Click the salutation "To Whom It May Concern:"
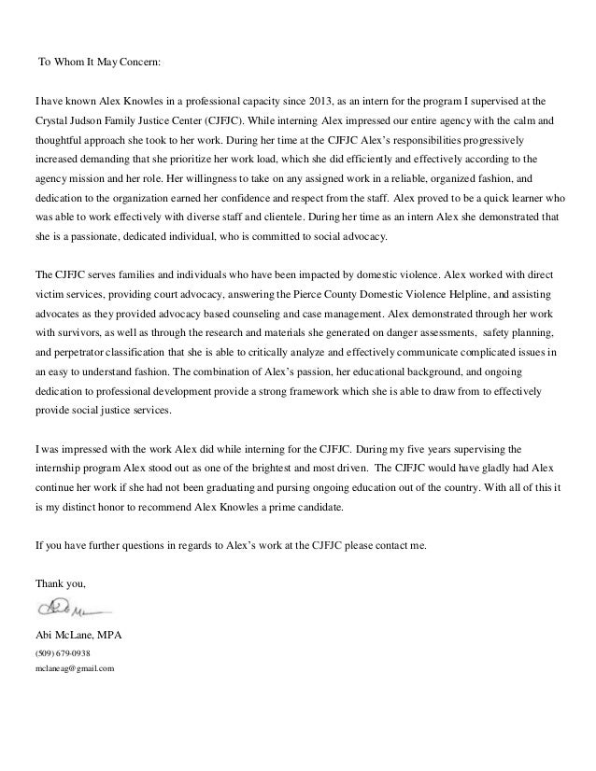coord(99,63)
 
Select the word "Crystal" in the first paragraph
coord(52,121)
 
